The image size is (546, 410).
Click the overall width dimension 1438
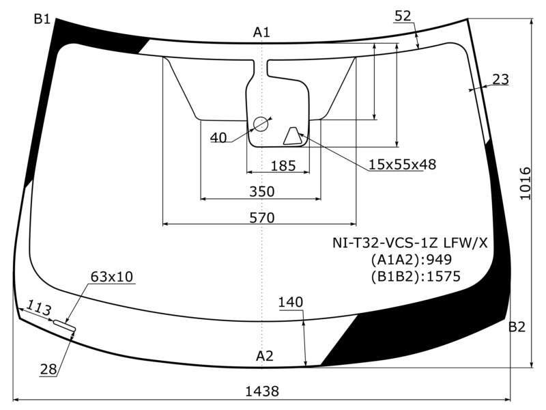262,391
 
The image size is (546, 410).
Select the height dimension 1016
525,184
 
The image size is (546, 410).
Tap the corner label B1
42,19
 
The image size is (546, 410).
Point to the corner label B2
517,327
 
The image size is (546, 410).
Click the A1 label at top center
261,32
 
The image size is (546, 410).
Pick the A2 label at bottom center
265,356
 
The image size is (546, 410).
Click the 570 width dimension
262,218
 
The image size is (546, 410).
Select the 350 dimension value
262,191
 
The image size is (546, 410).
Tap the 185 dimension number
283,166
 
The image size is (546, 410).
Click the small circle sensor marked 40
260,124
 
